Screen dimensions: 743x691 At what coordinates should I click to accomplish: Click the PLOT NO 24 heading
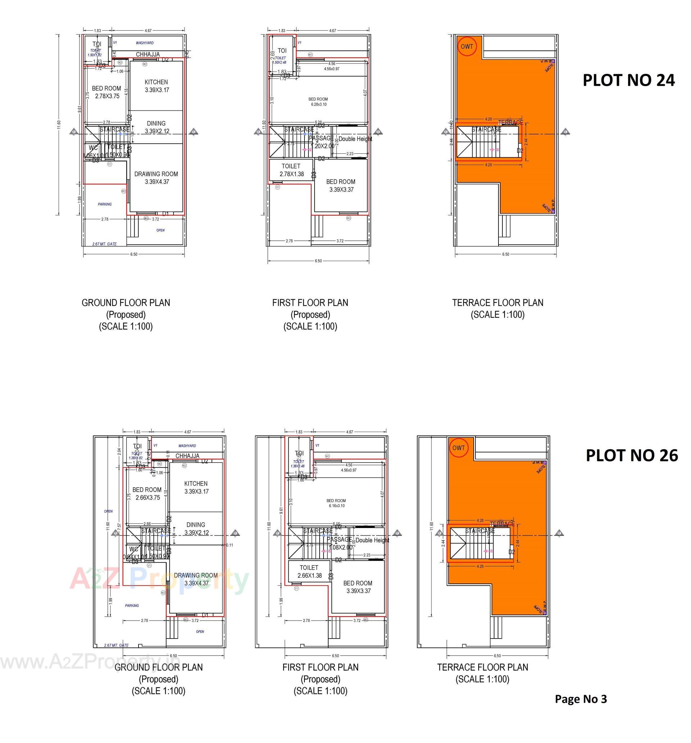point(629,80)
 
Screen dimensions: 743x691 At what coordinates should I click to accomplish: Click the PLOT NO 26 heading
point(632,455)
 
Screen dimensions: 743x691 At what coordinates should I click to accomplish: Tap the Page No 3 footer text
point(581,699)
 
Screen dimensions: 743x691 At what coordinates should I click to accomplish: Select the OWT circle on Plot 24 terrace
point(467,46)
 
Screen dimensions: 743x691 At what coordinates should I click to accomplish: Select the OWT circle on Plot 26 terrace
point(459,448)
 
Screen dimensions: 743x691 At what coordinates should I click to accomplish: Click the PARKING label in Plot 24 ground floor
point(105,204)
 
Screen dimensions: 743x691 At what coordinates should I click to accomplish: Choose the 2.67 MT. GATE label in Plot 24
point(105,244)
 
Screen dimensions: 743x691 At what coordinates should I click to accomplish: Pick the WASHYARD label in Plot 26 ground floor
point(187,446)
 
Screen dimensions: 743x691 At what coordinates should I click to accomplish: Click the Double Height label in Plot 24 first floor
point(355,139)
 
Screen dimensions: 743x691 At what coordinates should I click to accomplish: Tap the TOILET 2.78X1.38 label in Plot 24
point(292,170)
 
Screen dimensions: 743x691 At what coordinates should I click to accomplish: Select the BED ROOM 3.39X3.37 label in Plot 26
point(358,587)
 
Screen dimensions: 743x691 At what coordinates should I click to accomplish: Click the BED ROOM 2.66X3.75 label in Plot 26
point(147,493)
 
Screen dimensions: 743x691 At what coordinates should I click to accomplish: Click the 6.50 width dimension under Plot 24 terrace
point(505,254)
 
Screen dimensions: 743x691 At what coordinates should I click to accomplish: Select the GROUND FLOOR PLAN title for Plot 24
point(126,303)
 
